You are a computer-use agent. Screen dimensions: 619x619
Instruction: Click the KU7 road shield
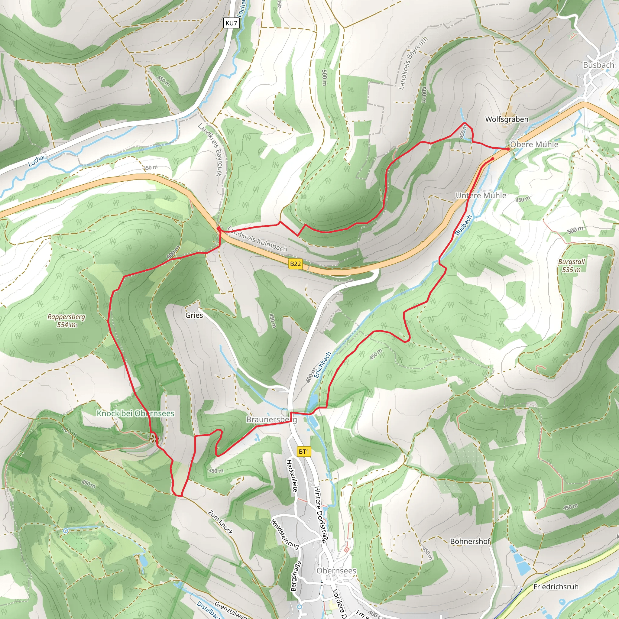tap(231, 23)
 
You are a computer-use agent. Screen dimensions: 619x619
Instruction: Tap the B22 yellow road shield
tap(295, 264)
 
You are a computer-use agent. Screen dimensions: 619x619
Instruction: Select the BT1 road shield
tap(304, 452)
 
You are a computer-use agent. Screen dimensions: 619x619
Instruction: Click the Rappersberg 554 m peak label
tap(66, 321)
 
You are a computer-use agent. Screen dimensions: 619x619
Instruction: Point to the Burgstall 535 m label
tap(571, 265)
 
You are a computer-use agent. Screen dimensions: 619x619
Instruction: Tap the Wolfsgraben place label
tap(507, 119)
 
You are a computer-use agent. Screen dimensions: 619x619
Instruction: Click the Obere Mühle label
tap(534, 144)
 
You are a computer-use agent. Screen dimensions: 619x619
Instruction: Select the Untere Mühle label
tap(481, 196)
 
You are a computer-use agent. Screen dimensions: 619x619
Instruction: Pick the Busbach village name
tap(598, 65)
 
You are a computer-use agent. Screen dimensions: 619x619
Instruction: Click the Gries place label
tap(194, 315)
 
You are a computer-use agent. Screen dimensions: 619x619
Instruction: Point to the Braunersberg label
tap(271, 420)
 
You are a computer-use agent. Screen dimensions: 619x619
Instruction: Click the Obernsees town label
tap(336, 571)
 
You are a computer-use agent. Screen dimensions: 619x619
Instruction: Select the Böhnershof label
tap(470, 541)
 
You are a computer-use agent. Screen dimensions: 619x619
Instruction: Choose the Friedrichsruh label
tap(556, 587)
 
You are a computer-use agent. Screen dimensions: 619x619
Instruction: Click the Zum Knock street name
tap(220, 522)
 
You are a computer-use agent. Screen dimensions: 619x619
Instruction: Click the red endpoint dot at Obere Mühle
tap(508, 149)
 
